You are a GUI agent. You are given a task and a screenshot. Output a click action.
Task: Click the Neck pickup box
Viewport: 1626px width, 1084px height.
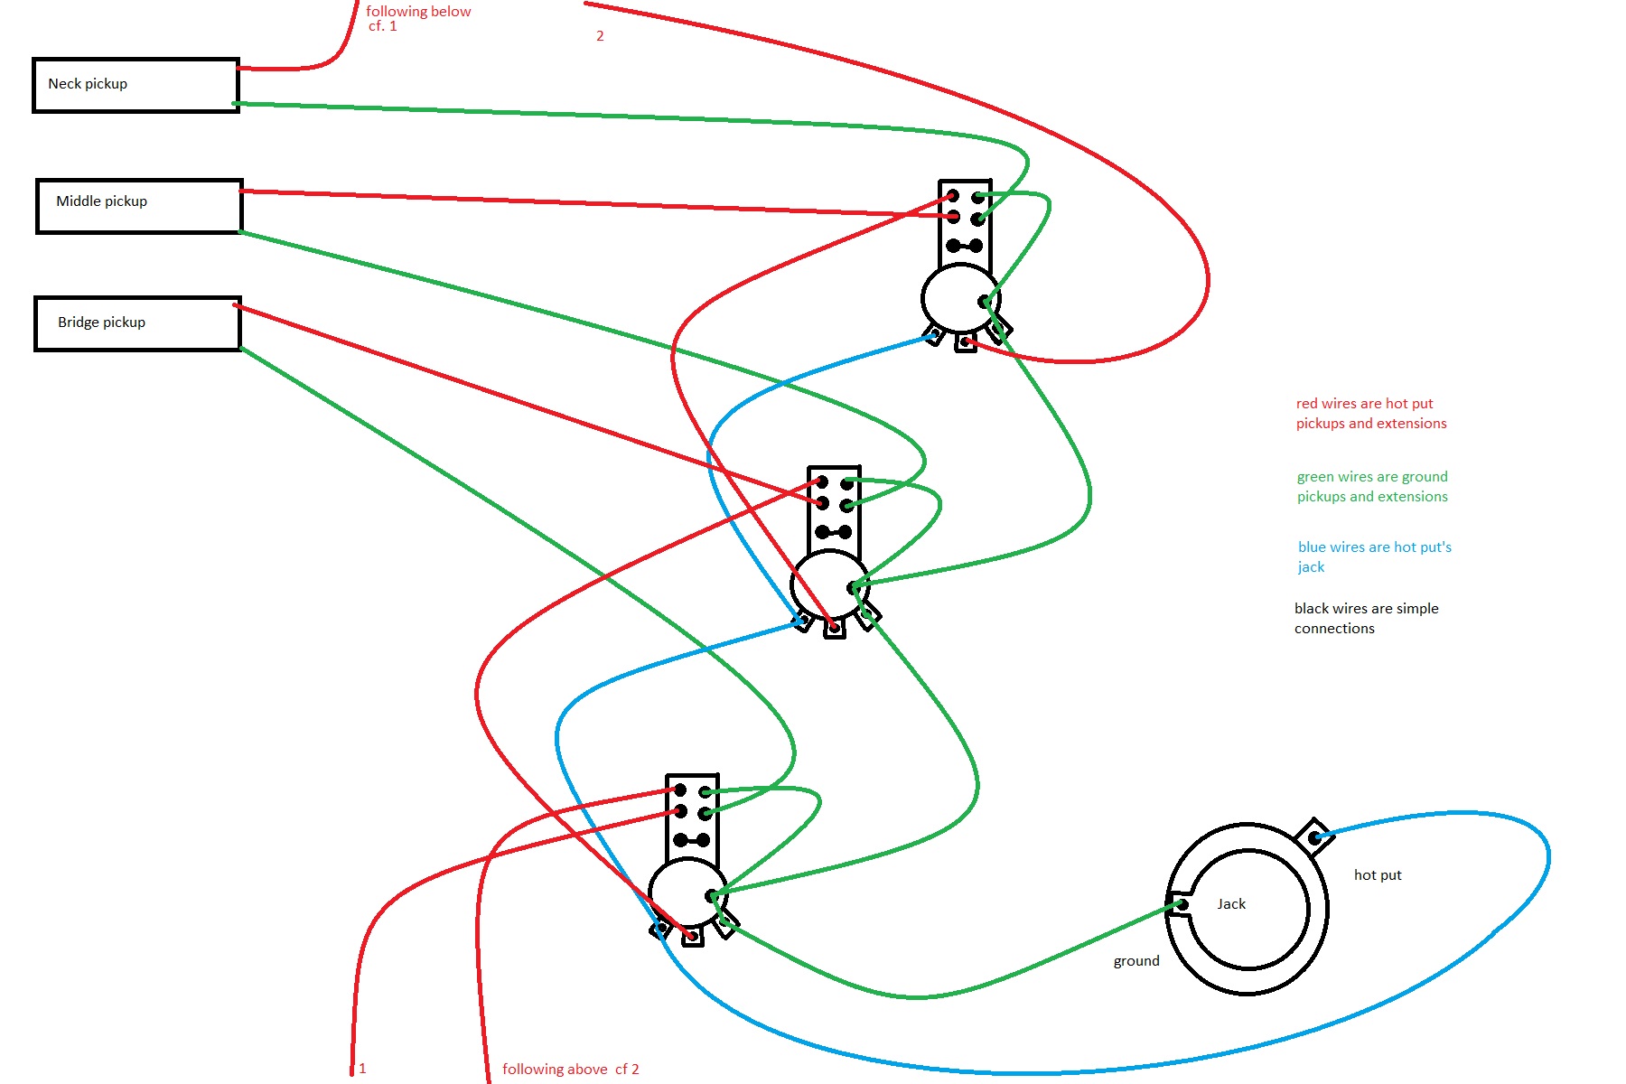tap(135, 85)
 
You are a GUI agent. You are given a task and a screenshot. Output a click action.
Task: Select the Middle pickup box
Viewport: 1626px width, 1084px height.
tap(139, 206)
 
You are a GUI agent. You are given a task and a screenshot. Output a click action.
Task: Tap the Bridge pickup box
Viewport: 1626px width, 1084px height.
tap(137, 323)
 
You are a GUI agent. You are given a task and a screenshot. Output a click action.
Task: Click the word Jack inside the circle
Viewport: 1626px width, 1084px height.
tap(1230, 904)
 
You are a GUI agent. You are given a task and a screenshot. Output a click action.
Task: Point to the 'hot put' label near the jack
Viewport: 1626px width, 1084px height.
tap(1378, 875)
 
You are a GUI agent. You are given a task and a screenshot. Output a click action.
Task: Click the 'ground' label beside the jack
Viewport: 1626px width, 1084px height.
tap(1135, 961)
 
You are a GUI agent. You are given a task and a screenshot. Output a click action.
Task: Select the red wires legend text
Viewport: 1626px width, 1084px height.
tap(1370, 414)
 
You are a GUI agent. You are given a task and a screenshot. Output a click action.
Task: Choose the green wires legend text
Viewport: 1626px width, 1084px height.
tap(1371, 487)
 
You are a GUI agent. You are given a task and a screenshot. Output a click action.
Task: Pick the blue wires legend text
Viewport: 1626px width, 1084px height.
tap(1374, 556)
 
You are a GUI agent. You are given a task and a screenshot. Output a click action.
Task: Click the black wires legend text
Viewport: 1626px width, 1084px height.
tap(1366, 619)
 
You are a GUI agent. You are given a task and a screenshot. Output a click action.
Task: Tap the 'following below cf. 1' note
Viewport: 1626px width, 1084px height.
tap(417, 18)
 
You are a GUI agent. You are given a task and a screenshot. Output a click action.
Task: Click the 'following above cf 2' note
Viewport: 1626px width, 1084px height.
tap(570, 1070)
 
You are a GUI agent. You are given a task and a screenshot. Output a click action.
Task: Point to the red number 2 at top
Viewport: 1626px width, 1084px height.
tap(600, 36)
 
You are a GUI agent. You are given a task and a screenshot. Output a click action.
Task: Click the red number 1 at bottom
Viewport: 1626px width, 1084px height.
tap(362, 1069)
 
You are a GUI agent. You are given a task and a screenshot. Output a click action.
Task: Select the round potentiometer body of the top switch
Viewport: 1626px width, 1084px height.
tap(959, 298)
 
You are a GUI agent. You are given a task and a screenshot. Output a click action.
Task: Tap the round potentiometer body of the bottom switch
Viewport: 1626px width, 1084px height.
tap(687, 893)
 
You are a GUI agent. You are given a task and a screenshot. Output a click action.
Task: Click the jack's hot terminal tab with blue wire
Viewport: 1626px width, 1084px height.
tap(1314, 836)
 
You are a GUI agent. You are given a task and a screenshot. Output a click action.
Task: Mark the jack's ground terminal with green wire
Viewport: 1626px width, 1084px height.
tap(1178, 904)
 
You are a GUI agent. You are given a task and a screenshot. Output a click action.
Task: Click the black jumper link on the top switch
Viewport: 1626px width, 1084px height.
tap(965, 246)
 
